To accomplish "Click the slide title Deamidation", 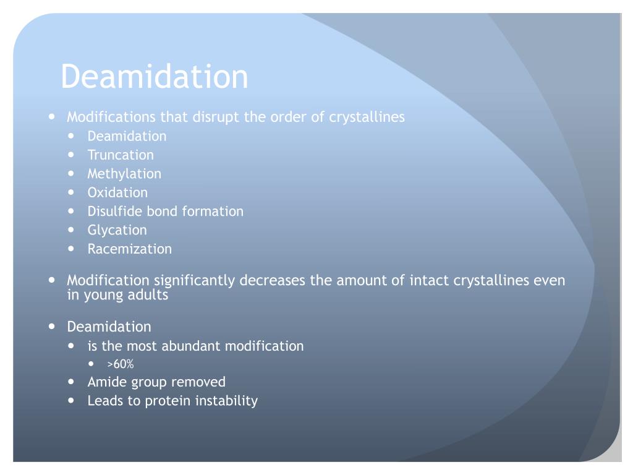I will (x=155, y=77).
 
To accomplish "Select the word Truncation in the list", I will (x=121, y=155).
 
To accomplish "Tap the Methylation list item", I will (x=124, y=174).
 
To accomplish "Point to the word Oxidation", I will (x=117, y=192).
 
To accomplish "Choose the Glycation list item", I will (x=117, y=230).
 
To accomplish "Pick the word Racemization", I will (x=130, y=249).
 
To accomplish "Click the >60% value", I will (x=120, y=364).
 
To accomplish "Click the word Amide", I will (x=106, y=382).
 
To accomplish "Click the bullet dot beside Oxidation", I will (x=73, y=192).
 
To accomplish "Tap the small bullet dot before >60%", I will (x=93, y=364).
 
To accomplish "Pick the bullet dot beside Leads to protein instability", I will (x=73, y=401).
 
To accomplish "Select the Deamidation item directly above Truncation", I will (x=127, y=136).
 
